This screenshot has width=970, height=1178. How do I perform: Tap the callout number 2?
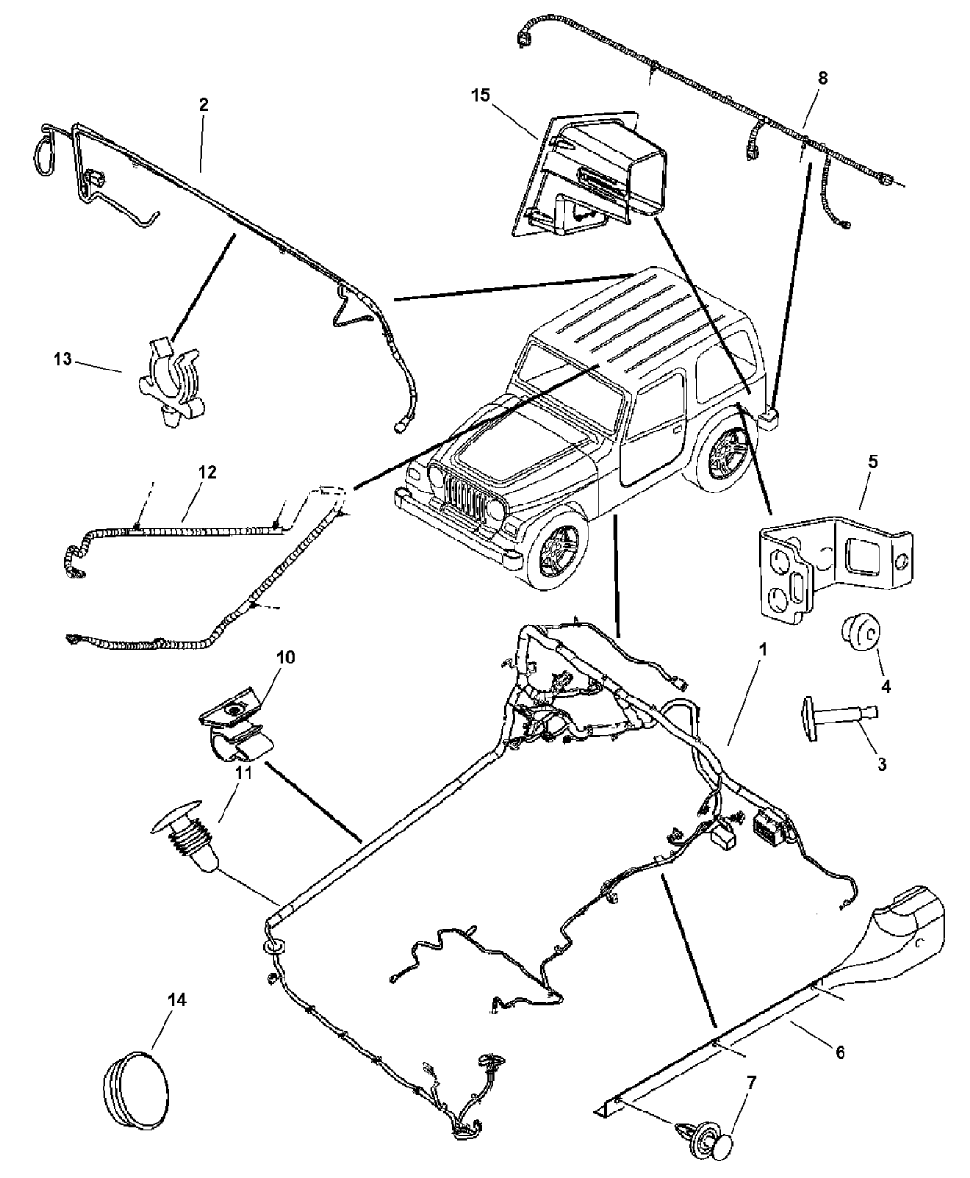[203, 104]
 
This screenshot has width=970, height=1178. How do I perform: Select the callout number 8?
[821, 78]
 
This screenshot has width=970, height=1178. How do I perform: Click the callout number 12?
[206, 472]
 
